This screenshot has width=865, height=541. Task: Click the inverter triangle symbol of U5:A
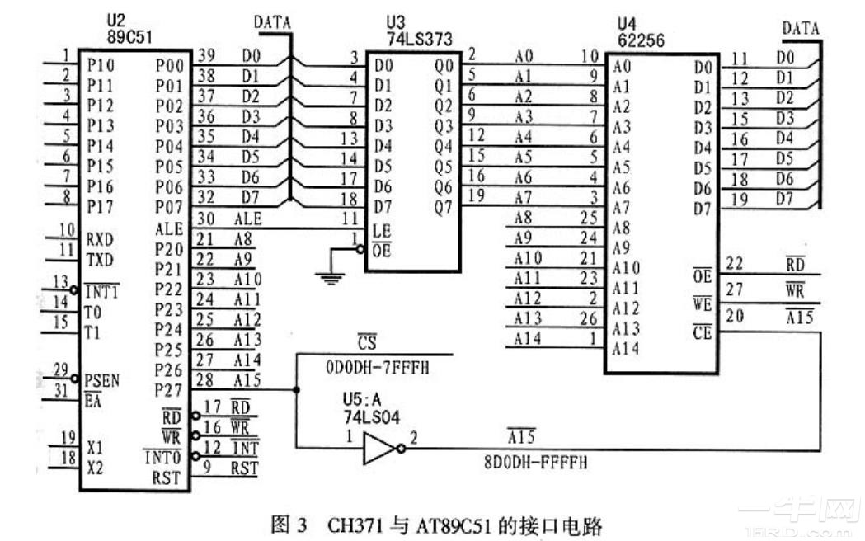(x=378, y=448)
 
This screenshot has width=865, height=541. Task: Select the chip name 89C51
(x=130, y=35)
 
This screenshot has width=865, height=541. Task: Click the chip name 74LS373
(x=418, y=37)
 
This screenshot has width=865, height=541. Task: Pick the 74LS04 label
(x=373, y=417)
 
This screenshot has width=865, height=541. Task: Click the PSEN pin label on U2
(x=102, y=381)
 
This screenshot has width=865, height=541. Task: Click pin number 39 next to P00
(x=206, y=54)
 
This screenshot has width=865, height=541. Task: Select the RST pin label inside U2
(x=166, y=477)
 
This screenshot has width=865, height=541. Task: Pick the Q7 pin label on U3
(x=444, y=207)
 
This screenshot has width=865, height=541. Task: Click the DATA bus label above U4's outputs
(x=801, y=28)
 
